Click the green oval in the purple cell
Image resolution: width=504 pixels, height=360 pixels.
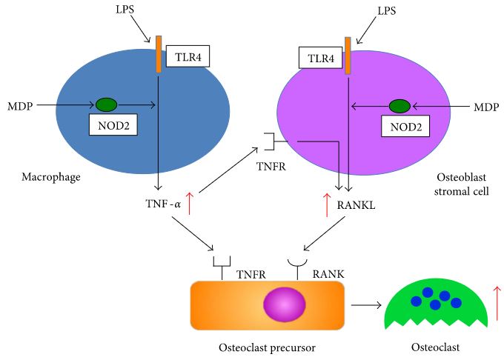click(x=399, y=107)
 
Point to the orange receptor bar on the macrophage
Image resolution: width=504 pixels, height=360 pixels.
click(x=159, y=54)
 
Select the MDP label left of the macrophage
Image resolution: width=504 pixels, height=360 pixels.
click(x=19, y=106)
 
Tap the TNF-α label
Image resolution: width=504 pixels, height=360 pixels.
click(x=163, y=201)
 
